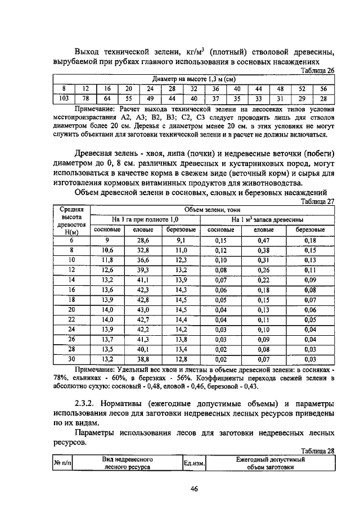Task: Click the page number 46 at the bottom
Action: (194, 489)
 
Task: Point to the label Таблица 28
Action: (318, 451)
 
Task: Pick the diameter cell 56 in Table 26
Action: (323, 89)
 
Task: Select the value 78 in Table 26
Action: (85, 98)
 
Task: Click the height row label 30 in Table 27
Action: (71, 359)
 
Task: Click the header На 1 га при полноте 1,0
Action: (145, 219)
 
